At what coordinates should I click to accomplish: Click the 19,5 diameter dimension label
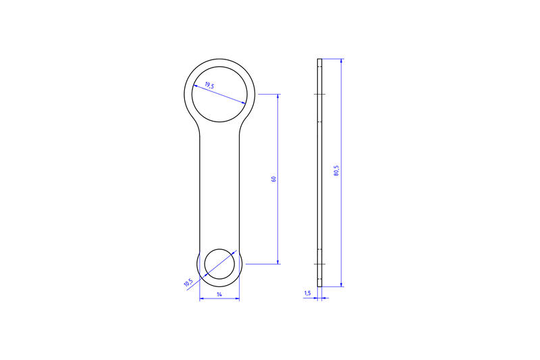pyautogui.click(x=209, y=85)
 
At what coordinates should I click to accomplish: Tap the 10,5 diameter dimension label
pyautogui.click(x=188, y=282)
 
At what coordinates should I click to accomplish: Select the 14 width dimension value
pyautogui.click(x=219, y=294)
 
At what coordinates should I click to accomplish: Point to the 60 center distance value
pyautogui.click(x=274, y=179)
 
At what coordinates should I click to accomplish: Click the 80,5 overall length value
pyautogui.click(x=336, y=171)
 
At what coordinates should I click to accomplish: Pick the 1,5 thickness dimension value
pyautogui.click(x=308, y=293)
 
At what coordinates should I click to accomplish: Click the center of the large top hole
pyautogui.click(x=219, y=94)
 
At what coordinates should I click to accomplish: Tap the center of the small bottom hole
pyautogui.click(x=219, y=264)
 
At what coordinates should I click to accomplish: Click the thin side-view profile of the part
pyautogui.click(x=319, y=173)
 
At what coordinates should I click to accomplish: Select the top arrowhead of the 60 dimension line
pyautogui.click(x=278, y=97)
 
